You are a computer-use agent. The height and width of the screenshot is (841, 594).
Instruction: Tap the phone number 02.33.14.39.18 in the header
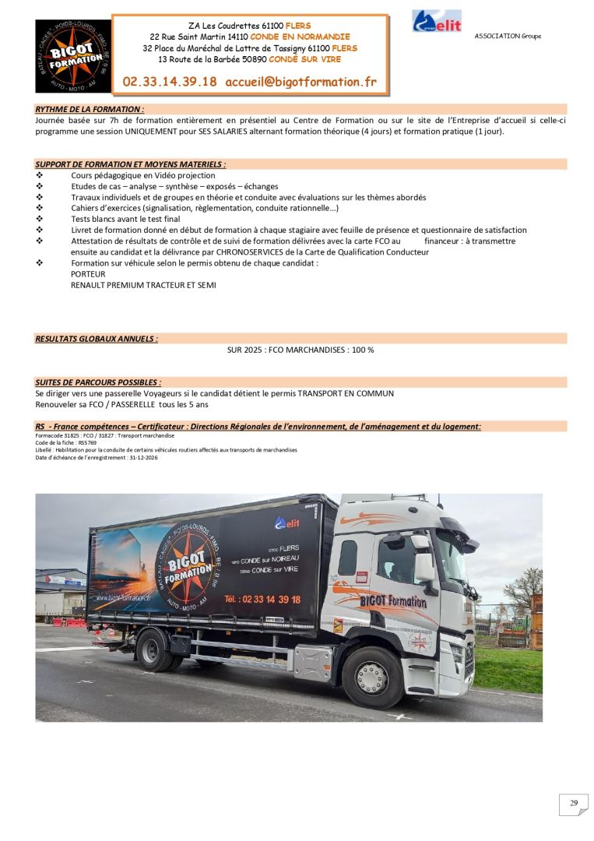170,81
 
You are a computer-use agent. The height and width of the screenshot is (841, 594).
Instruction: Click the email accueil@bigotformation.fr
301,81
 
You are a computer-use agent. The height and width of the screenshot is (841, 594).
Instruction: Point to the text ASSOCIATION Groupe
508,36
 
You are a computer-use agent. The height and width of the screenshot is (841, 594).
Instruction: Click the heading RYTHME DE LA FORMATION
90,110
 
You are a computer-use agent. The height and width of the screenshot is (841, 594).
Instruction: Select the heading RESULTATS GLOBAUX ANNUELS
97,339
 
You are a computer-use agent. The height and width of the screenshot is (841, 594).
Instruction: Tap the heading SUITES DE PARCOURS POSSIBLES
98,382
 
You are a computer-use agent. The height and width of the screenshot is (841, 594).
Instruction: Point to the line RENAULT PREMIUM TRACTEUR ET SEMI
143,285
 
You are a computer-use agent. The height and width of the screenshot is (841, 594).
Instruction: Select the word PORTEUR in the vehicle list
88,274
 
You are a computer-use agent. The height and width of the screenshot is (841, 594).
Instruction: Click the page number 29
574,804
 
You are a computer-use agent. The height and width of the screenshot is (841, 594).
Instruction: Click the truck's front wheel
372,677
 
